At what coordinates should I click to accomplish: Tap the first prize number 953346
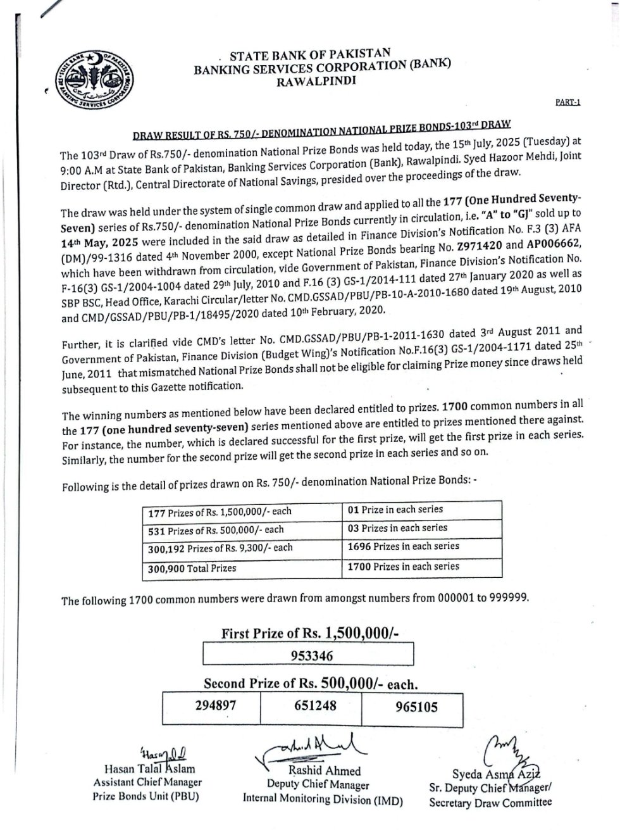[311, 656]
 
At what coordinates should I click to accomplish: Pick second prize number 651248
[315, 705]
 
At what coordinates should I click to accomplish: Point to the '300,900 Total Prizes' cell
[192, 568]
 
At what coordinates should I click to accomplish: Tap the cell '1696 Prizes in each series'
[404, 546]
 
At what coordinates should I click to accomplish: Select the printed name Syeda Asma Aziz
[495, 774]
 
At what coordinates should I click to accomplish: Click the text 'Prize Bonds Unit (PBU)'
[146, 796]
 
